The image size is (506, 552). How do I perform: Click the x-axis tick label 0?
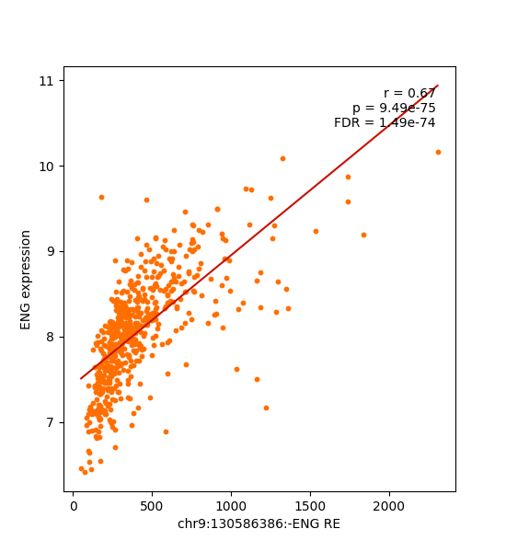pos(74,506)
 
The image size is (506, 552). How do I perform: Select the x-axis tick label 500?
pos(153,506)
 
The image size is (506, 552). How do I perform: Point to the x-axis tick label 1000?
pos(231,506)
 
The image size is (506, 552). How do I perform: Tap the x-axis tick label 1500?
pos(310,506)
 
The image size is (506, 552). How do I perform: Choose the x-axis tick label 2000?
pos(389,506)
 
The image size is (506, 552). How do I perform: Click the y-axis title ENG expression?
pos(26,279)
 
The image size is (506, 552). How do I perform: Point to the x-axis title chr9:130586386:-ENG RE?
pos(259,524)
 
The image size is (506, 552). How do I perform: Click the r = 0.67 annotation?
pos(409,93)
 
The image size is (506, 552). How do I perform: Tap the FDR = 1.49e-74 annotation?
pos(385,122)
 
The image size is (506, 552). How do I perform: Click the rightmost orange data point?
pos(438,152)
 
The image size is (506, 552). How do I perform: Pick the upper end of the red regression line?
pos(438,86)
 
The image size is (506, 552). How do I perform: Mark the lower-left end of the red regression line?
pos(81,378)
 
